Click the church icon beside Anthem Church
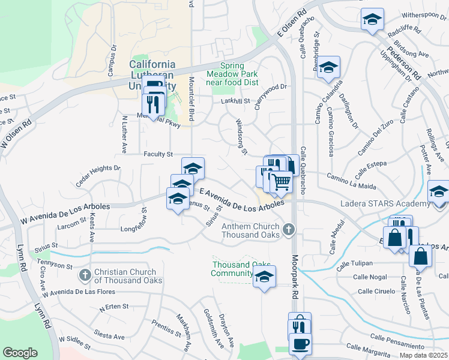click(x=289, y=229)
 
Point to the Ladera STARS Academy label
click(x=384, y=205)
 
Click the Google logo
click(x=20, y=353)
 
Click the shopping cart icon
click(x=281, y=181)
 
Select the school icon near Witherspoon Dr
click(x=372, y=20)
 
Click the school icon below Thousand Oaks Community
click(x=264, y=277)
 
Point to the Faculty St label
click(x=158, y=155)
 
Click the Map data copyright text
click(x=424, y=355)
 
